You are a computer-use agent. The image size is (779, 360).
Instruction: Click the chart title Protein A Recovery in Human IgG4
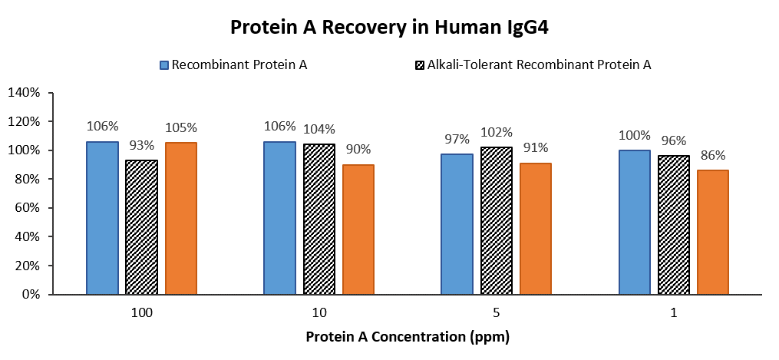coord(390,28)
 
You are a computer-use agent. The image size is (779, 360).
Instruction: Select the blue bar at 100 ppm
coord(102,218)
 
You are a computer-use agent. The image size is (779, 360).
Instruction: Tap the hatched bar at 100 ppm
coord(141,227)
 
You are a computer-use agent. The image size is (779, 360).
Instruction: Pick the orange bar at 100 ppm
coord(181,219)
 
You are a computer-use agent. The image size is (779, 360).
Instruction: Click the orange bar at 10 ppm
coord(358,230)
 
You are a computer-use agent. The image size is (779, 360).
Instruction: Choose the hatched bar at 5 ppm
coord(497,220)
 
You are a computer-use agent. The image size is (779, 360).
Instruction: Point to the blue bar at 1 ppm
coord(635,222)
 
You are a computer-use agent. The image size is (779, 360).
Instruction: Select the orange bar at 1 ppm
coord(713,233)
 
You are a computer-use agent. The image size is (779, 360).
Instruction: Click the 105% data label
coord(181,127)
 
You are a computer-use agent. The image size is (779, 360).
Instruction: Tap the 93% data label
coord(141,146)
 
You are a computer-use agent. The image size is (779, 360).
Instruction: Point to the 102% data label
coord(497,133)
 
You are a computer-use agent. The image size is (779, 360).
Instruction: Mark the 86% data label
coord(713,155)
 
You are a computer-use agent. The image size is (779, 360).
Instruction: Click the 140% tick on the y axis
coord(26,93)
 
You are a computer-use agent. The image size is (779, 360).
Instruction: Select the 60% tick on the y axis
coord(29,208)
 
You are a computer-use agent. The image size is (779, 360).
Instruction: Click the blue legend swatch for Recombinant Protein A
coord(164,65)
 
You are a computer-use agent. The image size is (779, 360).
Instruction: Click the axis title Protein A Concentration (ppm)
coord(408,337)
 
